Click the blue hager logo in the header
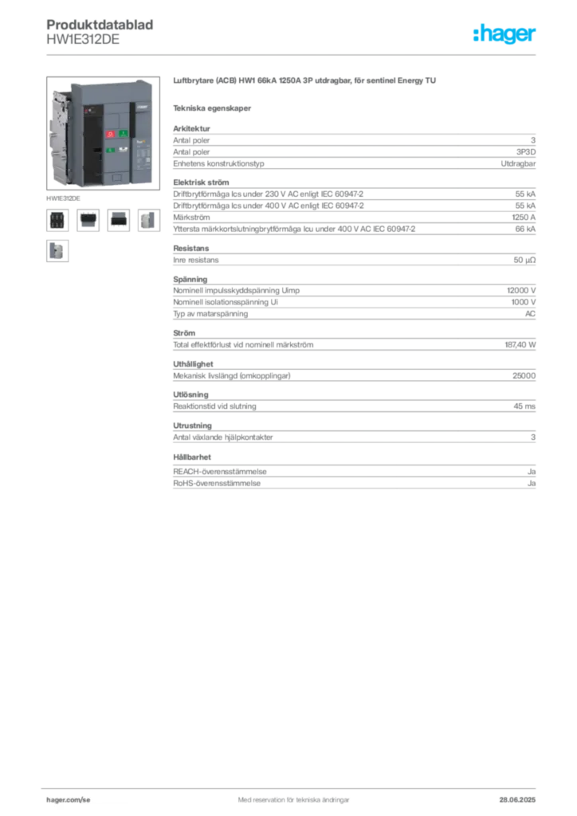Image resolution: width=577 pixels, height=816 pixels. [505, 35]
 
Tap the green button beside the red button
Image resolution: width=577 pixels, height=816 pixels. [123, 133]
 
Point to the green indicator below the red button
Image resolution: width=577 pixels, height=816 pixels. [110, 150]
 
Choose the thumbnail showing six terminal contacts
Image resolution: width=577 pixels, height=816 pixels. [57, 220]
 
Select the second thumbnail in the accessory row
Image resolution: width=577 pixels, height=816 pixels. [88, 220]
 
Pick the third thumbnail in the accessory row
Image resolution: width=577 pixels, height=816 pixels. [119, 220]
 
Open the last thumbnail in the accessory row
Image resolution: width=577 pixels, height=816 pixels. [149, 220]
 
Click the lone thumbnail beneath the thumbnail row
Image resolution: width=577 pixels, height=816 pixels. [57, 251]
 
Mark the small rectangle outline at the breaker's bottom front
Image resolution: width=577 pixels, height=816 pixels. [116, 177]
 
